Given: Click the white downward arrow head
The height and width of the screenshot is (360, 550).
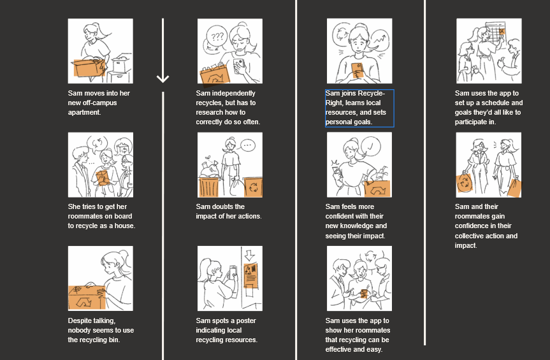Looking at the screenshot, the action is pos(163,78).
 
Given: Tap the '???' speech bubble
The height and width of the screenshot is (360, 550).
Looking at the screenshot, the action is pos(217,36).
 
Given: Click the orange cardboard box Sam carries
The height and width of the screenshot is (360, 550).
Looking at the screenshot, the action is pos(89,68).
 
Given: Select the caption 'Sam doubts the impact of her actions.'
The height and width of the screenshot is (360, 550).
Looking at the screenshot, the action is pos(229,212).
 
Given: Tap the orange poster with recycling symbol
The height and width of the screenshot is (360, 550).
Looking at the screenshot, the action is pos(250,275).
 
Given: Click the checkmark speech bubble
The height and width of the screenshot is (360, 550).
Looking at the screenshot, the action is pos(371,146).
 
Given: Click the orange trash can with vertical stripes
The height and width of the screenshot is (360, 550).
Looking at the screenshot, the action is pos(209,187).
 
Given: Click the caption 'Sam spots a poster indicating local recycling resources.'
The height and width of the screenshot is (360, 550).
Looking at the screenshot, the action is pos(226,330).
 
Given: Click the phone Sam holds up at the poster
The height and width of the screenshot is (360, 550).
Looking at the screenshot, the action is pos(233,272).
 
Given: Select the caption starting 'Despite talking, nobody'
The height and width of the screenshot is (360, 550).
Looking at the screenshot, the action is pos(101,330).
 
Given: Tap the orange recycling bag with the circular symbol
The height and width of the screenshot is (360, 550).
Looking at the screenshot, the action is pos(465,183).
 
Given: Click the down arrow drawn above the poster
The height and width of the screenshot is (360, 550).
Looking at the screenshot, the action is pos(249,256).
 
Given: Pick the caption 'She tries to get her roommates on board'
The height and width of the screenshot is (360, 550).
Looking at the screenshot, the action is pos(101,216).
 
